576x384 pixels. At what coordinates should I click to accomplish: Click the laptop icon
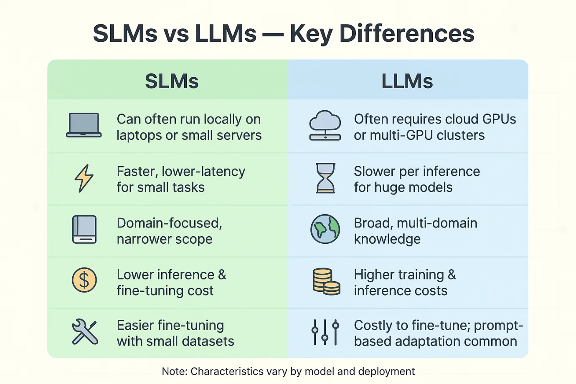coord(84,125)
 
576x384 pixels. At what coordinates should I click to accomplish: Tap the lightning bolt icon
coord(84,178)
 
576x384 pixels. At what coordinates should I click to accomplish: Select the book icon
coord(84,229)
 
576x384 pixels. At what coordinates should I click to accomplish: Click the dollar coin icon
coord(84,280)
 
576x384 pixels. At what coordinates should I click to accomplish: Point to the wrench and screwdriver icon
coord(85,331)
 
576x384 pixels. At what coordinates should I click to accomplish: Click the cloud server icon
coord(325,126)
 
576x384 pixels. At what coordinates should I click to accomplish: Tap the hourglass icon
coord(325,178)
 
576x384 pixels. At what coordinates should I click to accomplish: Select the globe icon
coord(325,229)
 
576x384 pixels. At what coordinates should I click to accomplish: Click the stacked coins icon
coord(326,282)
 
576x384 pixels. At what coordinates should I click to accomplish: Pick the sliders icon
coord(325,332)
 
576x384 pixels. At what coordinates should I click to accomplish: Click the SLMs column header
coord(172,81)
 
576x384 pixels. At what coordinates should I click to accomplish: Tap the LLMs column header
coord(407,81)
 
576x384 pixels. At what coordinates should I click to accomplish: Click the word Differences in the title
coord(407,33)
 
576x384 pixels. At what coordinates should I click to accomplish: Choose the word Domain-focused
coord(170,223)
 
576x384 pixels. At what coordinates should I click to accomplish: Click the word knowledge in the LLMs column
coord(387,239)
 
